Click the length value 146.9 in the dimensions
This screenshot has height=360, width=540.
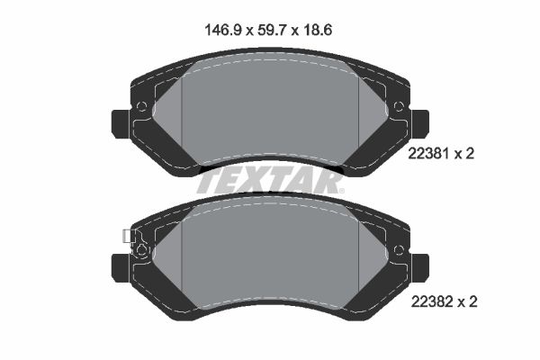click(x=222, y=31)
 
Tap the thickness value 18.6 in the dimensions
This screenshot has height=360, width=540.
click(x=318, y=31)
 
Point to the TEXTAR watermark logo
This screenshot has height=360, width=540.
click(x=270, y=182)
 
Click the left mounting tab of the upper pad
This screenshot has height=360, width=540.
click(x=121, y=124)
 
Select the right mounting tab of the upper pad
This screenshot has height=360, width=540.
click(x=420, y=124)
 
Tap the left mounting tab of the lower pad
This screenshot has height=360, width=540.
click(x=121, y=269)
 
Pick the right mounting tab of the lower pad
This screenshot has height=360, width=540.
click(x=420, y=269)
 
